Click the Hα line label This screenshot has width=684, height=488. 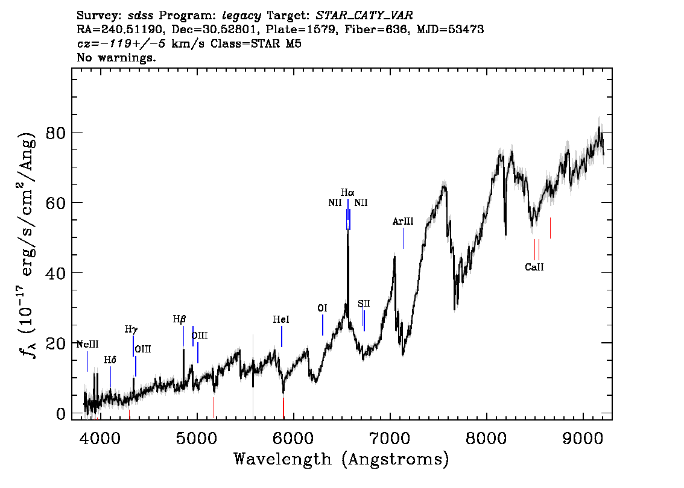347,192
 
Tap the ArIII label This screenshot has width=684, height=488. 403,221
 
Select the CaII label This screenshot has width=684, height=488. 534,267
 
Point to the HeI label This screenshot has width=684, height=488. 281,319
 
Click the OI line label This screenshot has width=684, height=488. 322,308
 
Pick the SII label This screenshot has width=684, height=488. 364,304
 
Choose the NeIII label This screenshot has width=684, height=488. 87,344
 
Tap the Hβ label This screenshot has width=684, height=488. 179,319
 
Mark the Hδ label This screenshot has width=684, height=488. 110,360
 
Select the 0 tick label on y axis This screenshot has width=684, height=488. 61,413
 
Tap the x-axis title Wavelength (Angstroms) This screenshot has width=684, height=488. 341,459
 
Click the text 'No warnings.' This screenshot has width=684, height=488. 116,57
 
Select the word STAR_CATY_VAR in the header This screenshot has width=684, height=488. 364,16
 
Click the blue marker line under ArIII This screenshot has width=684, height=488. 403,239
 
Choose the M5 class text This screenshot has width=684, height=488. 294,43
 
